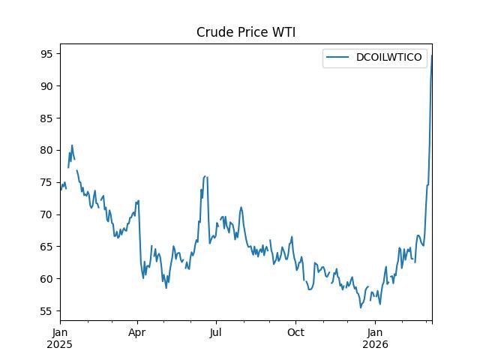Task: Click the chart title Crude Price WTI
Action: click(x=246, y=32)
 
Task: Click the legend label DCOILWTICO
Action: click(x=389, y=57)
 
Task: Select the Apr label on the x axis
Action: click(x=137, y=333)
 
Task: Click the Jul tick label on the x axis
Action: click(x=216, y=333)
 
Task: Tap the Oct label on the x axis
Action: click(x=296, y=333)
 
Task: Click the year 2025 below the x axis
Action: click(x=60, y=345)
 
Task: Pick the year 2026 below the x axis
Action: click(x=376, y=345)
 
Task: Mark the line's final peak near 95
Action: click(x=432, y=55)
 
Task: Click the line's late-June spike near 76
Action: click(x=205, y=176)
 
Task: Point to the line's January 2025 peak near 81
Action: click(x=72, y=145)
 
